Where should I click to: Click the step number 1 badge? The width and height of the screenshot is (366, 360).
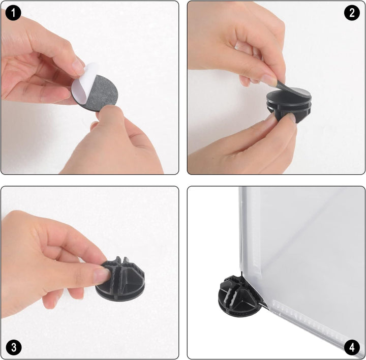pyautogui.click(x=13, y=13)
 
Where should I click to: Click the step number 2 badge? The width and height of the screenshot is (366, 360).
pyautogui.click(x=352, y=13)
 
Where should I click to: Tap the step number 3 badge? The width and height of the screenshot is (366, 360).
pyautogui.click(x=14, y=347)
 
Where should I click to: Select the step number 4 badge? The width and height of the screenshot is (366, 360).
pyautogui.click(x=352, y=347)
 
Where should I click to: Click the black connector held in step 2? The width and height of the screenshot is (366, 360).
pyautogui.click(x=289, y=106)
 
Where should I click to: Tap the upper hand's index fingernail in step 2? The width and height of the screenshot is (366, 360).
pyautogui.click(x=270, y=79)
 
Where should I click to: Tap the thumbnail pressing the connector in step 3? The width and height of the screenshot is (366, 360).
pyautogui.click(x=102, y=276)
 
